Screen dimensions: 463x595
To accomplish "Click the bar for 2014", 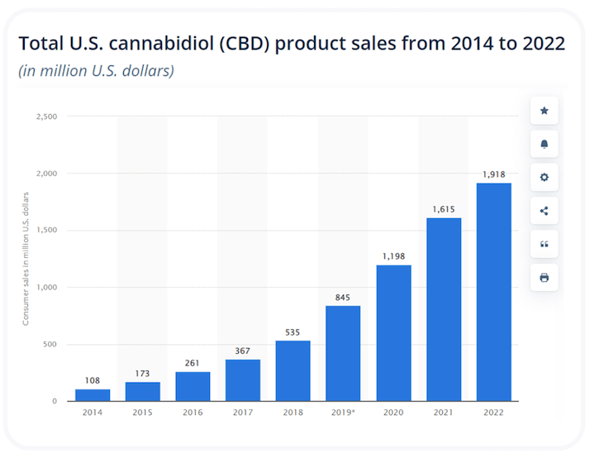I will click(93, 395).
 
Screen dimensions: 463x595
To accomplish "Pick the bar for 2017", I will click(242, 380).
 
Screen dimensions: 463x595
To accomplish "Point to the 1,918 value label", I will click(493, 174).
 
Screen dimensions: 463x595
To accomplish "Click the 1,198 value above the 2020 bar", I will click(393, 256).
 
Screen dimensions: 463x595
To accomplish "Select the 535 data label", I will click(293, 332).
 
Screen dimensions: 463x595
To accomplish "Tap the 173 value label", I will click(142, 374).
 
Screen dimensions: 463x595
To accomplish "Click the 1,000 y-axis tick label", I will click(47, 288).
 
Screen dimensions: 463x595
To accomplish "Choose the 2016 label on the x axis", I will click(193, 411).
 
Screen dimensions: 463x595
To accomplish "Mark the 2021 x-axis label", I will click(444, 411).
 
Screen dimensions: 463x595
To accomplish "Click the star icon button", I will click(544, 111).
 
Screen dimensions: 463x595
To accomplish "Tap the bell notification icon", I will click(544, 144).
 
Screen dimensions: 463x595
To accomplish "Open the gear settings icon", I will click(544, 177).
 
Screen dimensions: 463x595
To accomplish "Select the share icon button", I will click(544, 211).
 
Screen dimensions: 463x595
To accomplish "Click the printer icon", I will click(544, 278).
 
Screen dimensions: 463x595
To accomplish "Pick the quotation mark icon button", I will click(544, 244).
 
